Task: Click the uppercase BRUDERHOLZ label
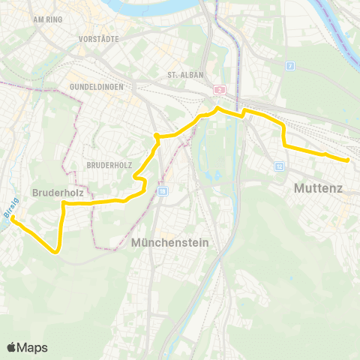(109, 163)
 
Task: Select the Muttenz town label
(319, 188)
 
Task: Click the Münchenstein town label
(169, 243)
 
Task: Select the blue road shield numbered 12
(279, 166)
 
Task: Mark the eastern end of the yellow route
(349, 160)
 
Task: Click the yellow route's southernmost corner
(56, 253)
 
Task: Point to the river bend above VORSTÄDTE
(150, 9)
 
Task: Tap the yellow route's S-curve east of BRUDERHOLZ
(139, 180)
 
